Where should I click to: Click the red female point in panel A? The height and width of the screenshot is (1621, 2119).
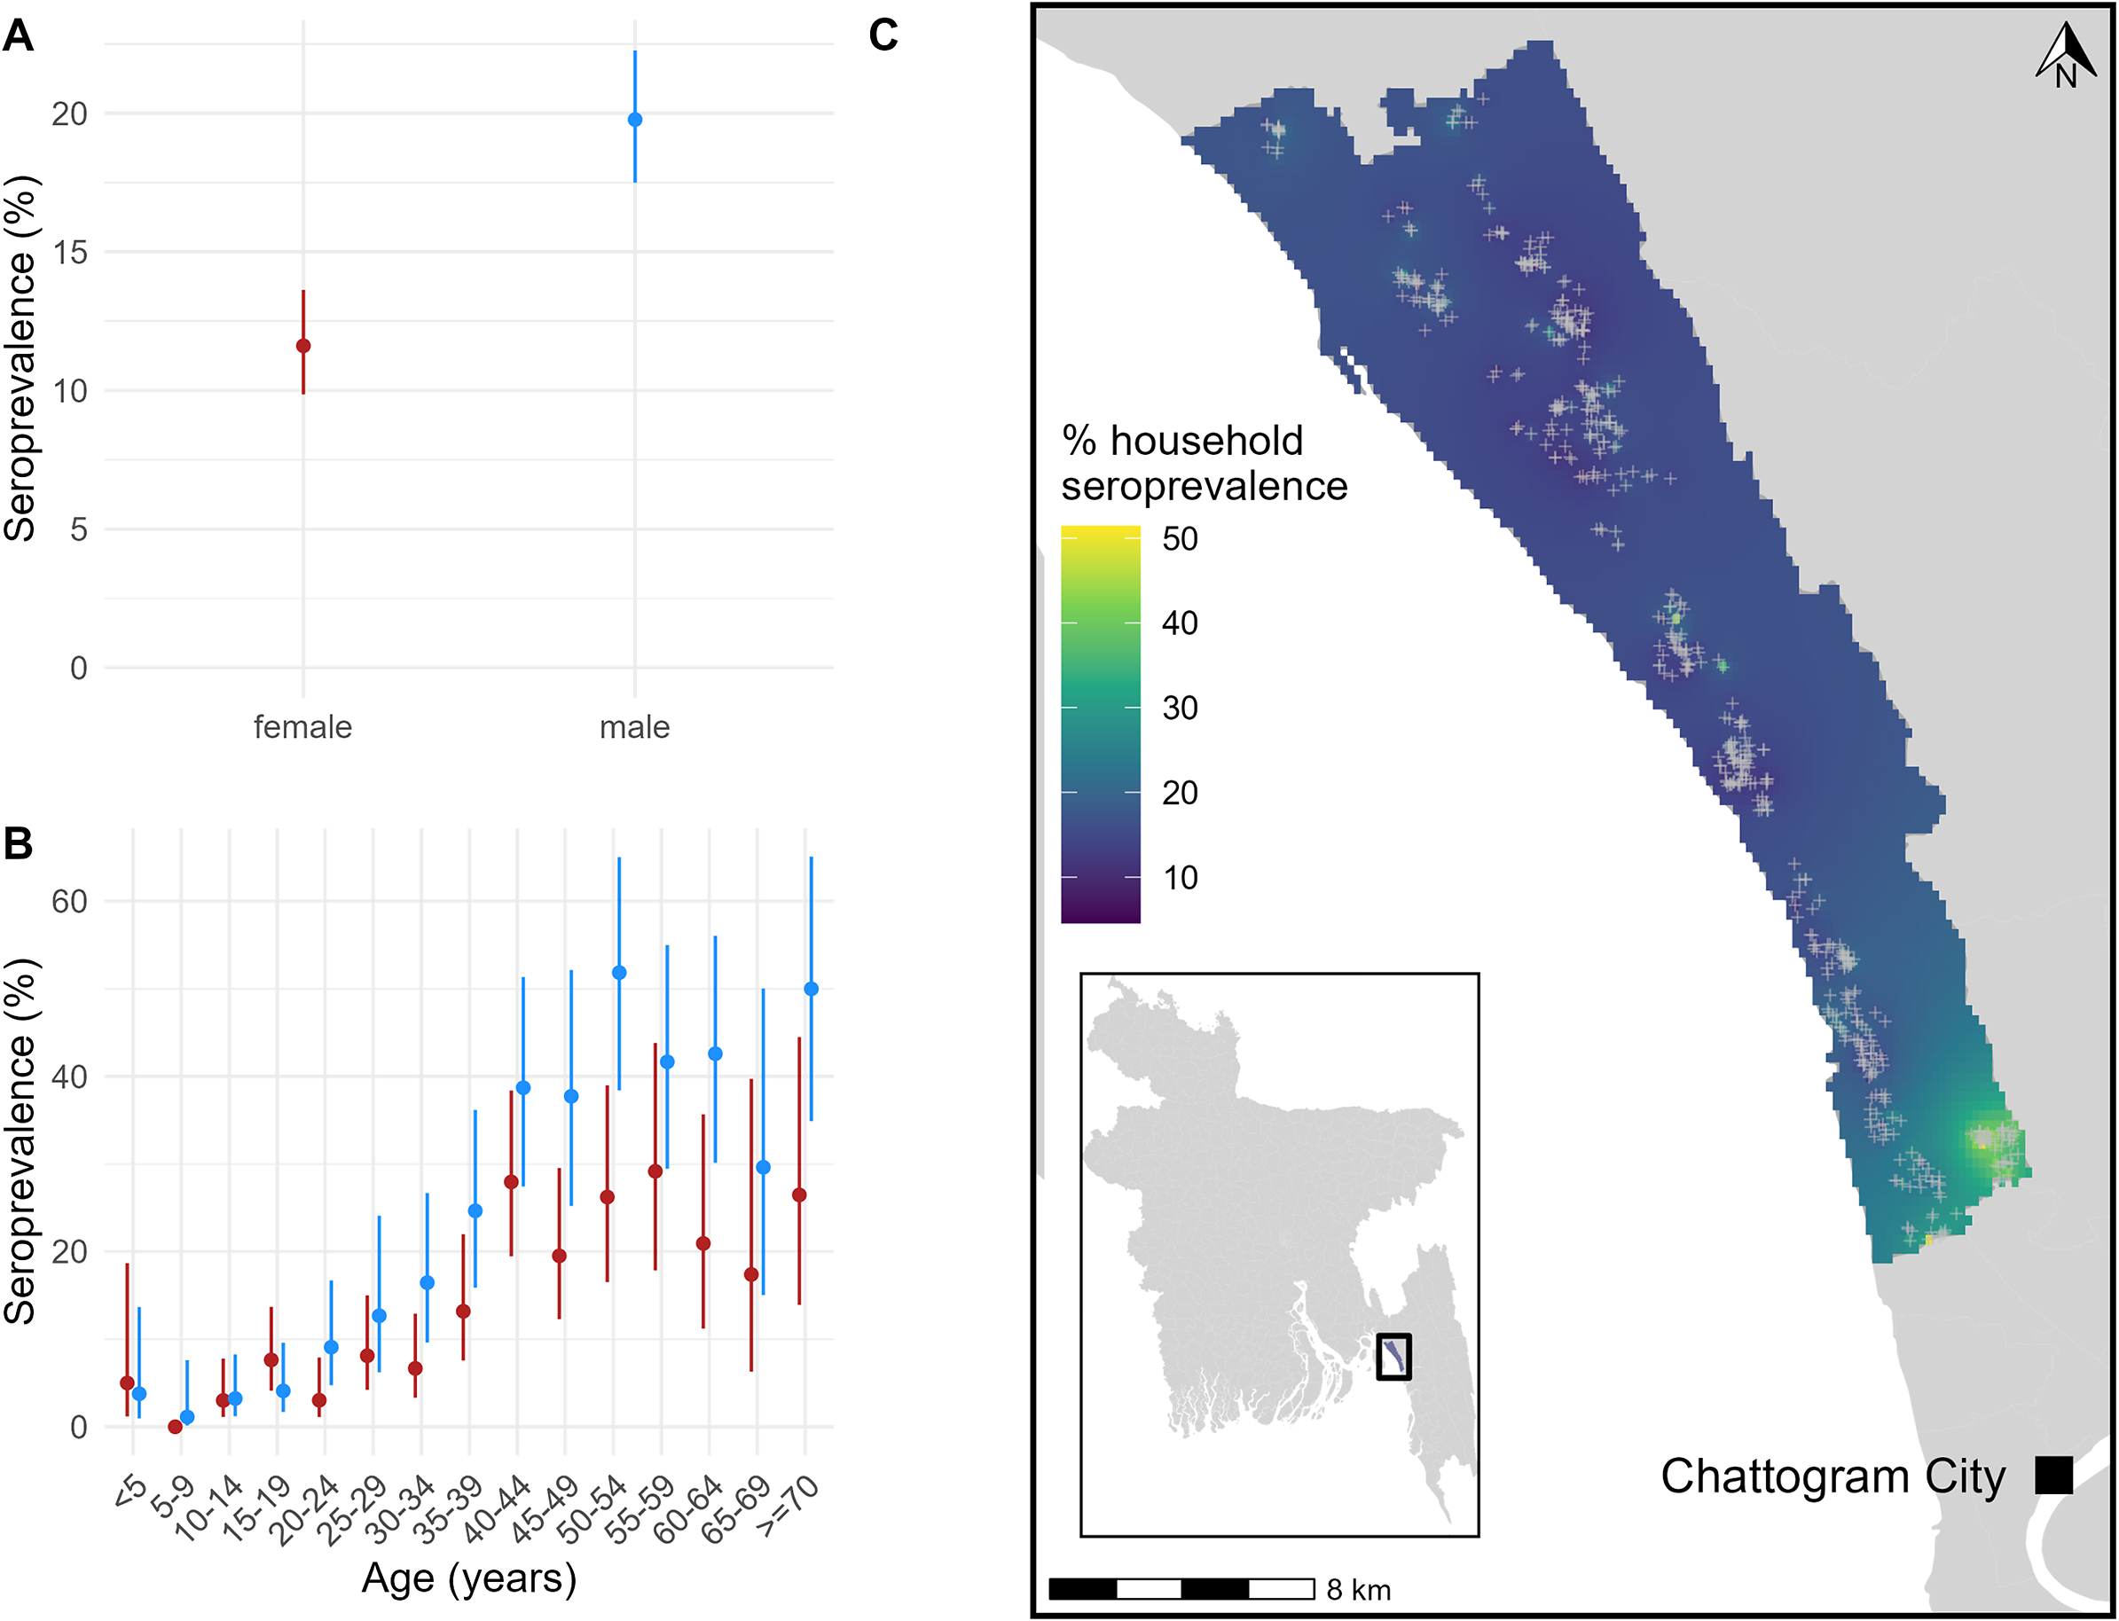pos(303,346)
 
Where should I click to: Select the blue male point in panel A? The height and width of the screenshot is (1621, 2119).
pos(635,120)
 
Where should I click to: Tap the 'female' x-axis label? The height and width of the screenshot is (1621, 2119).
pos(303,727)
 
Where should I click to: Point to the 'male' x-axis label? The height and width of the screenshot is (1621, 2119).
pos(635,727)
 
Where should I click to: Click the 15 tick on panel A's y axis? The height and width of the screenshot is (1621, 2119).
pos(69,253)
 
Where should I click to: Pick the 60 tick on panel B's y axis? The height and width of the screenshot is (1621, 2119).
pos(69,901)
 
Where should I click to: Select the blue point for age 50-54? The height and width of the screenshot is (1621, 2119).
pos(619,973)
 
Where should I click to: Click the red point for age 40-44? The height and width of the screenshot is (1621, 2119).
pos(512,1182)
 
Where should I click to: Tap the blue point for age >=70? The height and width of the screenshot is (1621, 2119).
pos(812,989)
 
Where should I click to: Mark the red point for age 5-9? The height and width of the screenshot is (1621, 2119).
pos(175,1426)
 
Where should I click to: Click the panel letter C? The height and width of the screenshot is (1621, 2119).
pos(883,35)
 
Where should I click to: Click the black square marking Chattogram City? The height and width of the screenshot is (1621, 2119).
pos(2053,1476)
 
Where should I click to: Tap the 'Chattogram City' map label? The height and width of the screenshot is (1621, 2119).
pos(1833,1476)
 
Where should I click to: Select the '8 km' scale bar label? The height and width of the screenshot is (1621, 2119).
pos(1359,1590)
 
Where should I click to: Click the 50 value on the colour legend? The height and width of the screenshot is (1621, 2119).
pos(1179,538)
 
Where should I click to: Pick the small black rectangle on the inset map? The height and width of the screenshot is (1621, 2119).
pos(1393,1357)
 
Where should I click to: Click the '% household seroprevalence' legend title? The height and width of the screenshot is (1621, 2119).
pos(1204,463)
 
